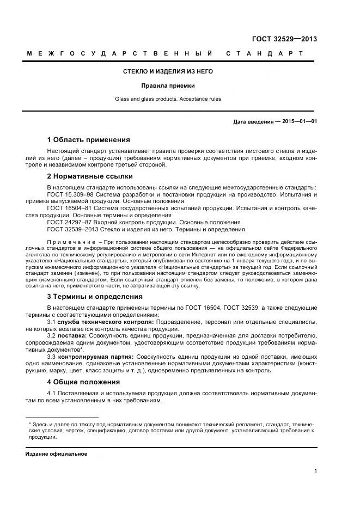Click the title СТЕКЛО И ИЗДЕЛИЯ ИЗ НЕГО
point(168,71)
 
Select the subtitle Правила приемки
point(168,85)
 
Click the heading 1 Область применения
point(88,140)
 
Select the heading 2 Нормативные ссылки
point(90,176)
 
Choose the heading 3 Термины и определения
point(95,297)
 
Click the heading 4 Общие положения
point(83,382)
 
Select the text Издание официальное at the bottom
point(56,453)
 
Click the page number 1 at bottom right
point(316,471)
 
